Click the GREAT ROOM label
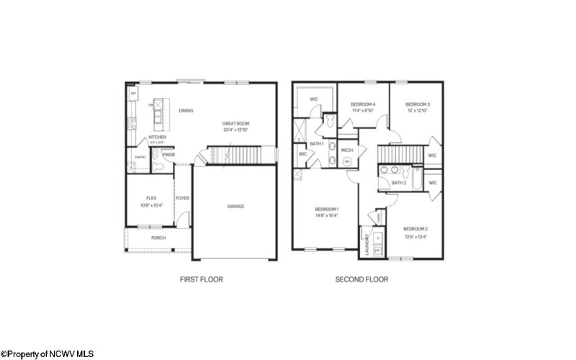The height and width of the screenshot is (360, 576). click(x=235, y=123)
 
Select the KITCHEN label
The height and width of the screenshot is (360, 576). click(x=158, y=137)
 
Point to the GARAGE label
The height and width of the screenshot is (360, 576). click(x=235, y=206)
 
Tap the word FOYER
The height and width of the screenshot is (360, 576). click(x=181, y=197)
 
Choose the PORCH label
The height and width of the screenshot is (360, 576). click(x=158, y=238)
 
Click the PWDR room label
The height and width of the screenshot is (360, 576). click(x=169, y=155)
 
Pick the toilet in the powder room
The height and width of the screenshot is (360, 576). click(x=159, y=166)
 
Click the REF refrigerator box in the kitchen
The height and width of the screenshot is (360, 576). click(x=133, y=94)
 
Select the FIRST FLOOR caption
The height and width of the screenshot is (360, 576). click(x=201, y=279)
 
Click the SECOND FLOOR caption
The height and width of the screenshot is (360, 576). click(x=362, y=279)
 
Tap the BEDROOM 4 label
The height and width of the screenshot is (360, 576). click(x=364, y=104)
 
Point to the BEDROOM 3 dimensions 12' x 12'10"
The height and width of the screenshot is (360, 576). click(x=417, y=111)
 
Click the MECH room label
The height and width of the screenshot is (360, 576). click(x=346, y=150)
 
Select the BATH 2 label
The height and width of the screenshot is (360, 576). click(x=400, y=183)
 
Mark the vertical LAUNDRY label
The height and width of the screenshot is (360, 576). click(x=366, y=245)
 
